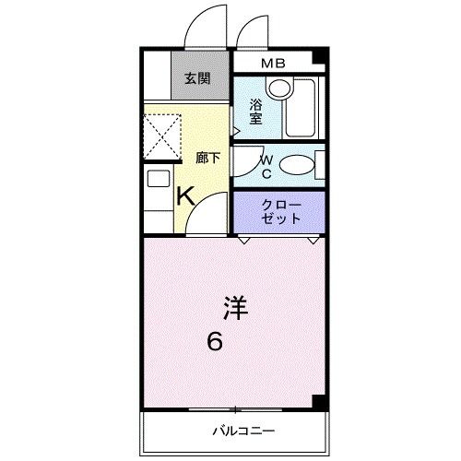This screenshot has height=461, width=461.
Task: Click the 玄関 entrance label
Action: click(x=196, y=78)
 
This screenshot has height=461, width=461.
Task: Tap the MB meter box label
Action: click(x=272, y=64)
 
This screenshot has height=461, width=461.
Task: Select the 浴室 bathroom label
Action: click(x=255, y=111)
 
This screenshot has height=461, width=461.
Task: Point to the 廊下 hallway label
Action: click(x=208, y=158)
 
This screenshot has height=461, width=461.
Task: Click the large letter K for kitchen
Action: click(x=184, y=195)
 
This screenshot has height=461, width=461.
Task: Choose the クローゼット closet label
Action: click(x=281, y=211)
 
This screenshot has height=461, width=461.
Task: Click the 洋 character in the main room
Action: click(x=236, y=306)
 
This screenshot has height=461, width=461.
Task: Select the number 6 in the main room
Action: click(x=213, y=342)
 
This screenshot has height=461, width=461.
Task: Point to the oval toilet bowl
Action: click(x=296, y=167)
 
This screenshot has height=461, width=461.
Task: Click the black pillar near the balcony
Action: click(x=318, y=402)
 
